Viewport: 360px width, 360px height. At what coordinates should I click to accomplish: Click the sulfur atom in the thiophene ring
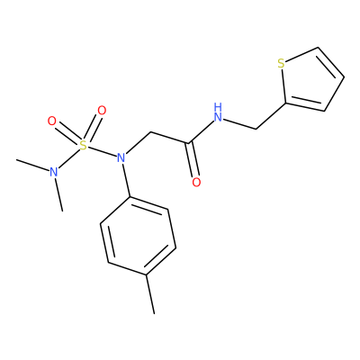coord(281,64)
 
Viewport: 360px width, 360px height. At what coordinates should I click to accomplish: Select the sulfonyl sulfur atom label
coord(83,146)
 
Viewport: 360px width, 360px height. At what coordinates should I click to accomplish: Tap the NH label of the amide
coord(219,112)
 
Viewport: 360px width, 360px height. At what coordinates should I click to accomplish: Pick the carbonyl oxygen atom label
coord(196,182)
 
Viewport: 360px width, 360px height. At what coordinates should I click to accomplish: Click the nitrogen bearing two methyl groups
coord(54,172)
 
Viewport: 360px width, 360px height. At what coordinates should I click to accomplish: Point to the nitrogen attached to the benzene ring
coord(121,157)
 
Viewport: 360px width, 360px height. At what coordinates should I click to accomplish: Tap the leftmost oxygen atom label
coord(52,121)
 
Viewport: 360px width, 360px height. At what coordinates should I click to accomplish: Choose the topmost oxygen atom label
coord(102,111)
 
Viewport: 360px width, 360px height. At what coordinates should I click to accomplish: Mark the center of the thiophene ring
coord(309,83)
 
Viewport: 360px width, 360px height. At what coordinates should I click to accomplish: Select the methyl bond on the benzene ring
coord(150,294)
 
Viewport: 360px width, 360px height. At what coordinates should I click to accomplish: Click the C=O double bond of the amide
coord(193,160)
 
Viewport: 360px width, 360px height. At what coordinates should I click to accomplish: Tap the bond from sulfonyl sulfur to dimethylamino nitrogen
coord(69,158)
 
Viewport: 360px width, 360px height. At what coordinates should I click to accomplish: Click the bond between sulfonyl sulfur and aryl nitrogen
coord(102,151)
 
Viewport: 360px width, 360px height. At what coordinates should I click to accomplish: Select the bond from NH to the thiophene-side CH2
coord(240,124)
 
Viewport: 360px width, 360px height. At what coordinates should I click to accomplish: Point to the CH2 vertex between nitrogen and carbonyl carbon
coord(150,132)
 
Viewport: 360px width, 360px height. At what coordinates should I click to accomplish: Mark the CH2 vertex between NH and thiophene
coord(256,129)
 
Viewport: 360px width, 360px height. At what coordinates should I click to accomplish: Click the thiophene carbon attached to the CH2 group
coord(285,103)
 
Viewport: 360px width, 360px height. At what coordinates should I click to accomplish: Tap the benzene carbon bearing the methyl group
coord(146,274)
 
